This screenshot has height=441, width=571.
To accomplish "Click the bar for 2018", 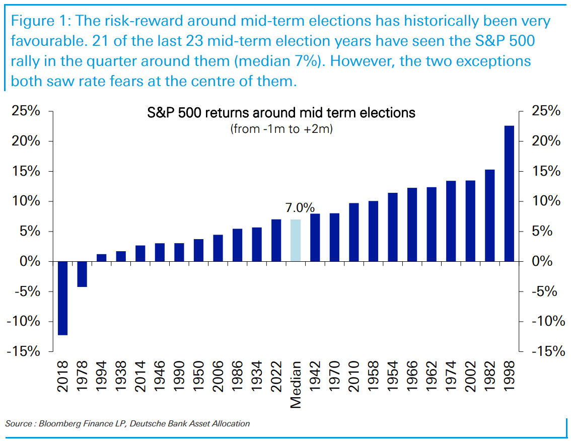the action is point(62,298).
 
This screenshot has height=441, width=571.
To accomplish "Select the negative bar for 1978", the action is point(82,274).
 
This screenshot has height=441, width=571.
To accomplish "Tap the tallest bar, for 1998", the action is point(509,194).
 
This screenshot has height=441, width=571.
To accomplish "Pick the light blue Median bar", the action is point(296,240).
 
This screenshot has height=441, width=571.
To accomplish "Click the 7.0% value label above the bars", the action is point(300,207).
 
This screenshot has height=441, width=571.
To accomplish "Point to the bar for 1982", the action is point(490,215).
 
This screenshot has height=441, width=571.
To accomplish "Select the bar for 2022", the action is point(276,240).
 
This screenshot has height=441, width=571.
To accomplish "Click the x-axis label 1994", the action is point(101,376).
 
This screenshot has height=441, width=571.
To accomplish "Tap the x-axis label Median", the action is point(296,385).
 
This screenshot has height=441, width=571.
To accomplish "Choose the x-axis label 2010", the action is point(353,376).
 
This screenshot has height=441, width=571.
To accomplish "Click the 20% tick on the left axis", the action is point(26,141).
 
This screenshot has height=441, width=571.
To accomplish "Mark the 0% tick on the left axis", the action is point(30,261).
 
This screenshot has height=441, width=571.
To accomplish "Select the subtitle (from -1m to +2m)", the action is point(281,129).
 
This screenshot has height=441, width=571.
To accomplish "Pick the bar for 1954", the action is point(393,227).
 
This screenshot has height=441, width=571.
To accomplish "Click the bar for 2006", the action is point(218,248).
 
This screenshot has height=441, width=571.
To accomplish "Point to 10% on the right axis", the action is point(546,201).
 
